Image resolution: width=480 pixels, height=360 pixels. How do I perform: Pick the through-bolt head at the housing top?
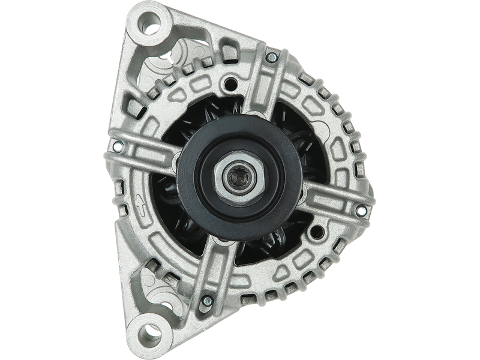click(271, 58)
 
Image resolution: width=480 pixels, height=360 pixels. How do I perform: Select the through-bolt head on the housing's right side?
click(361, 211)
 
